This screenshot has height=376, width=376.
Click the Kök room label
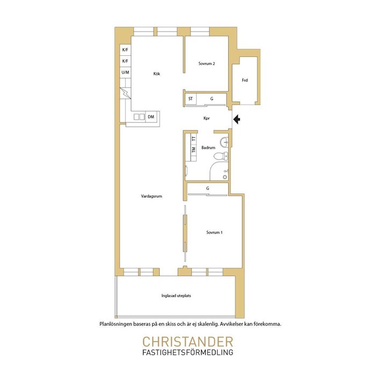[x=157, y=74]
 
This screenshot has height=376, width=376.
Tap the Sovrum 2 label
[x=206, y=63]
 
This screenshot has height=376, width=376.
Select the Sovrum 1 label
[x=214, y=233]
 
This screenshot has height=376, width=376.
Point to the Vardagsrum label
[x=151, y=196]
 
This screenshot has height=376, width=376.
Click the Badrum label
[x=208, y=148]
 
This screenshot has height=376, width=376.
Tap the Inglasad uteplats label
[x=176, y=295]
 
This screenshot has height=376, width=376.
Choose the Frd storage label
[x=244, y=81]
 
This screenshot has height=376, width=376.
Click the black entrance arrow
[x=237, y=119]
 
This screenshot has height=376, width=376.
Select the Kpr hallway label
[x=206, y=118]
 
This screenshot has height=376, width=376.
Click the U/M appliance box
[x=125, y=72]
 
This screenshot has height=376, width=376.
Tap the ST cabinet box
[x=191, y=99]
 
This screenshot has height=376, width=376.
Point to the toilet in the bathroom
[x=221, y=156]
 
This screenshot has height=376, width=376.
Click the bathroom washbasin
[x=224, y=142]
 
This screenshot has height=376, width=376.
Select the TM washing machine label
[x=193, y=150]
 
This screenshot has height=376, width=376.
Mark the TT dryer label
[x=193, y=139]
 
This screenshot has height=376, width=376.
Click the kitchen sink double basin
[x=139, y=117]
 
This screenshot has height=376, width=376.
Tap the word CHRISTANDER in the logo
[x=188, y=342]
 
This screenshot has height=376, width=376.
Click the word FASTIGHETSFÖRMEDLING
[x=188, y=352]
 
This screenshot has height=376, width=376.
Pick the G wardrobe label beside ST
[x=212, y=98]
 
